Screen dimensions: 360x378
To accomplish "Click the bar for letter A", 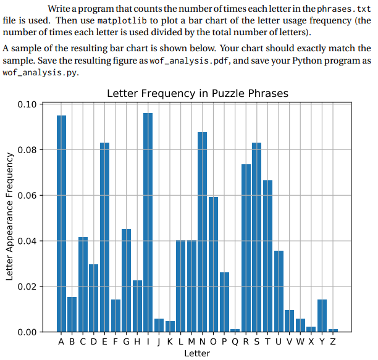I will pos(62,222).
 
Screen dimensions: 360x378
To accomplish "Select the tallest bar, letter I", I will pos(148,222).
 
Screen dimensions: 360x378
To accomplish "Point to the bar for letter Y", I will pos(322,316).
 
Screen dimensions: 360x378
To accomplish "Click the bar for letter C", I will pos(83,284).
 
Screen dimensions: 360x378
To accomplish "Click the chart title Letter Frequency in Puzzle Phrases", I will pos(197,93).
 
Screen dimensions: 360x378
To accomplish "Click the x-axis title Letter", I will pos(197,353).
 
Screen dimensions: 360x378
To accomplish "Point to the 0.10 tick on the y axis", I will pos(28,104).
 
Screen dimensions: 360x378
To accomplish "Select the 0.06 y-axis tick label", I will pos(28,195).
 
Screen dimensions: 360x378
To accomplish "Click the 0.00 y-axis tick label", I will pos(28,332).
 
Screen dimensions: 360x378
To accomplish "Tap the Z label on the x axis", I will pos(333,341).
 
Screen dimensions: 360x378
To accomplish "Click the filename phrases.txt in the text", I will pos(343,9).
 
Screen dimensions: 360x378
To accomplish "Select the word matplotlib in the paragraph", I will pos(123,20).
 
